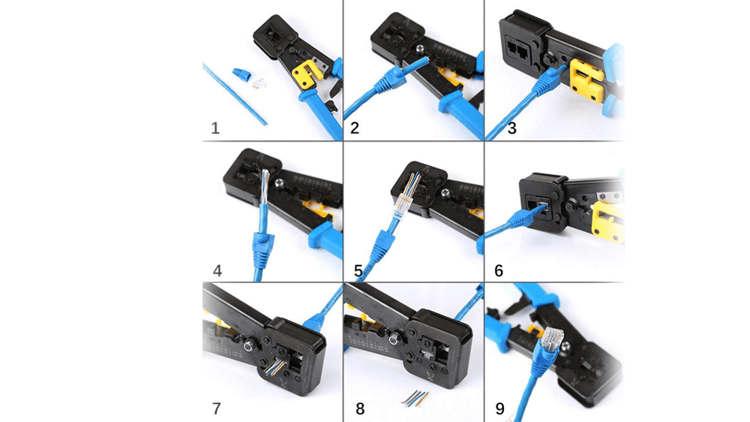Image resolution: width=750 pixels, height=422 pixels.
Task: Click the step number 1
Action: point(215,128)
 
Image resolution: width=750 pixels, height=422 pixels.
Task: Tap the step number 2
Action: point(355,128)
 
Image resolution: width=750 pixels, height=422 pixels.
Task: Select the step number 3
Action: point(511,128)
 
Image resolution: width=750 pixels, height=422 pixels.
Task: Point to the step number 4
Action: point(217,270)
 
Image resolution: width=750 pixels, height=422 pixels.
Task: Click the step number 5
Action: point(358,270)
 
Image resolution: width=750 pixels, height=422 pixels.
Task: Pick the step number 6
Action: point(499,270)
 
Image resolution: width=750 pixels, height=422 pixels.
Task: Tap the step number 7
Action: point(217,408)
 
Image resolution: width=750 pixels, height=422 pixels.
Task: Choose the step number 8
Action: point(360,408)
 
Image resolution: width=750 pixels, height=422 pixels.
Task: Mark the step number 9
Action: point(499,408)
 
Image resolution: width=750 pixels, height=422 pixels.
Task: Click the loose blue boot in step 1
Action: point(242,76)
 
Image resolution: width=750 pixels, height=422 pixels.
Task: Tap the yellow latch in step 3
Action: point(586,80)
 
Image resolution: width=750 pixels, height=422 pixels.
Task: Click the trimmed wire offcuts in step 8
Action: point(415,399)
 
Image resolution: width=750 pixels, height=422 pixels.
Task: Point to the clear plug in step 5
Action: point(406,199)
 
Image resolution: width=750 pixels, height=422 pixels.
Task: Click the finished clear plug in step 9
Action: point(552,338)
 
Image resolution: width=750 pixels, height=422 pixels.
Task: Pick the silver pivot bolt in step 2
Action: point(420,50)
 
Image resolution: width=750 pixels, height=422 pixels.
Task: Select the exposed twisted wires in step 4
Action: point(265,187)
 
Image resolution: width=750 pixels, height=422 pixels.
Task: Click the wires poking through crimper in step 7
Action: point(274,366)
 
